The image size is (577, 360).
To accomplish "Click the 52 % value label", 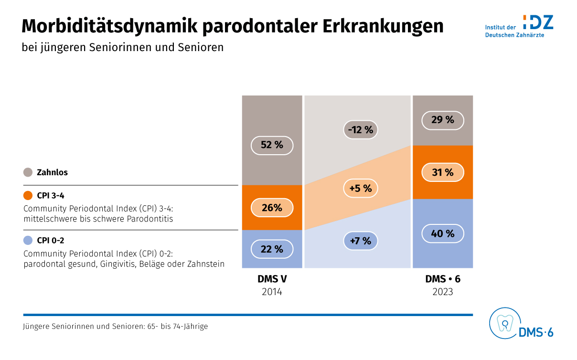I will [x=272, y=145].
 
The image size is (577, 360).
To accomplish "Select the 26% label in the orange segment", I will [x=272, y=208].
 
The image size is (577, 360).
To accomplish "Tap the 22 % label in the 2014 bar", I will [x=272, y=249].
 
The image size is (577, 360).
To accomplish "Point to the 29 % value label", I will [x=443, y=120].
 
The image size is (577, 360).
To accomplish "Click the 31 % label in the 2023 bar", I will [x=443, y=172].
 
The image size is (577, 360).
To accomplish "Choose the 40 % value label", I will [x=443, y=234].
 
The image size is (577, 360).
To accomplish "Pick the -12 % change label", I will [x=361, y=130].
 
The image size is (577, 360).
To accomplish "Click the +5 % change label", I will [x=361, y=189].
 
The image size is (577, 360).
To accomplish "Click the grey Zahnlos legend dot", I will [x=28, y=172].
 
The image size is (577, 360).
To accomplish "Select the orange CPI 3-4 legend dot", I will [x=28, y=195].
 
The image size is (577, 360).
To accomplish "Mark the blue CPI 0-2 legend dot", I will [x=28, y=240].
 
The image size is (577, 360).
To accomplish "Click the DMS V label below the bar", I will [x=272, y=279].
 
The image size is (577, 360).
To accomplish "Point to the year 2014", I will [x=272, y=292].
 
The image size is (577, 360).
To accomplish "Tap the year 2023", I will [x=443, y=292].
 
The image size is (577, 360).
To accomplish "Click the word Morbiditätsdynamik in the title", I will [x=109, y=27].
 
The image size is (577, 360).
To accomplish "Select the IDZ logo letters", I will [x=538, y=22].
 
